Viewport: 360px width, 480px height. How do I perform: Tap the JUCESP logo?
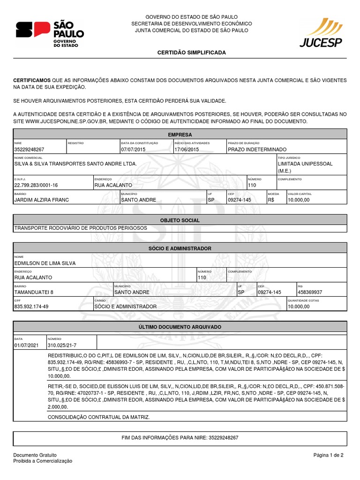point(321,33)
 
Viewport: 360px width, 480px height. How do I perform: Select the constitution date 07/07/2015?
point(134,149)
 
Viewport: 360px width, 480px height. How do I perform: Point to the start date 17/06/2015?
point(187,149)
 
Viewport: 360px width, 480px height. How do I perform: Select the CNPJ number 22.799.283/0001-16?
point(36,185)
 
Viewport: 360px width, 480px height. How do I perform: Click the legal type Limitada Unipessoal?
point(305,164)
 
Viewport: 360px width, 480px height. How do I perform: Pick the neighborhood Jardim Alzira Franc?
point(42,200)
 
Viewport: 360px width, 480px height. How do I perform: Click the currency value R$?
point(271,200)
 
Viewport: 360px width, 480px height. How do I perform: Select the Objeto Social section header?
point(180,220)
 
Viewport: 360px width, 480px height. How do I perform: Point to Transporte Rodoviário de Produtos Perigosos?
point(81,228)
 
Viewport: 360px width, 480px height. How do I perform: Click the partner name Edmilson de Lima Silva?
point(45,263)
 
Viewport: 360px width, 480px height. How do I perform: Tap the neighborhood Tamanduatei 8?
point(34,292)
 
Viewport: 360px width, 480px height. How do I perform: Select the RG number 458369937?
point(310,292)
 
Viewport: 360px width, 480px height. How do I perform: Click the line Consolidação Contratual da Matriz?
point(99,417)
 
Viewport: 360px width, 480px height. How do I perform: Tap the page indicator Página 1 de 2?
point(329,455)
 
